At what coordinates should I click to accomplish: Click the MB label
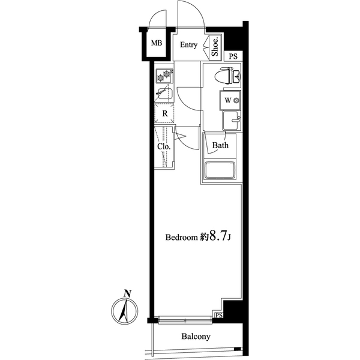click(156, 43)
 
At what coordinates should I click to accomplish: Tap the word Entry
click(189, 45)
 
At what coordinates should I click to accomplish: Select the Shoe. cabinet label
click(215, 47)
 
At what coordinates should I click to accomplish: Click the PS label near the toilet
click(233, 56)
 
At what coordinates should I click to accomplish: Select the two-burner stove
click(164, 76)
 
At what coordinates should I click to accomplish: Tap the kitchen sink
click(164, 94)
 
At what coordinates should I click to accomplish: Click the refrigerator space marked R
click(164, 112)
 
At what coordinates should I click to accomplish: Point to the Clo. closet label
click(163, 146)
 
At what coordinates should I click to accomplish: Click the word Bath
click(220, 145)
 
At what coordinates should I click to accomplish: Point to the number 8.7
click(217, 237)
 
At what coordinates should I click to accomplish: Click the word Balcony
click(196, 337)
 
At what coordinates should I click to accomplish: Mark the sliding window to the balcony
click(185, 319)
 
